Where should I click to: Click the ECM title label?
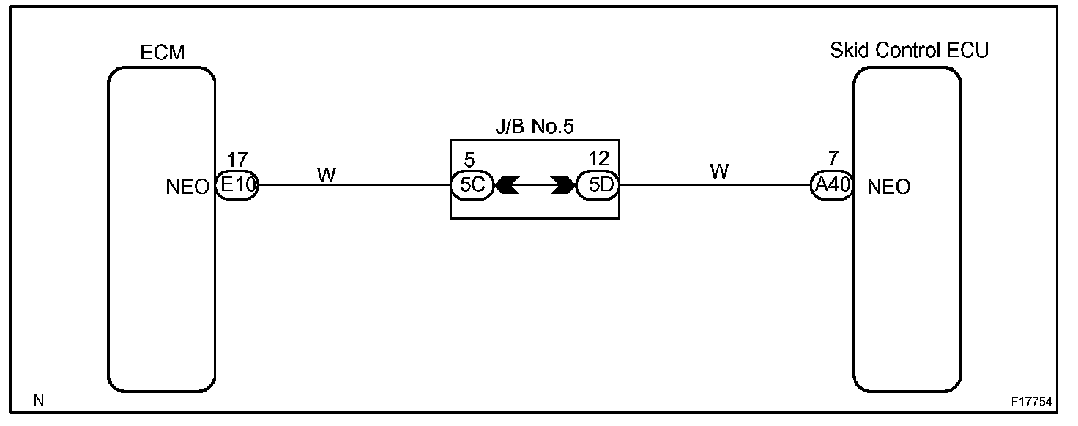coord(162,53)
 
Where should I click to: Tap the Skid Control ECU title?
coord(909,51)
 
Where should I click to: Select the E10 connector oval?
coord(237,186)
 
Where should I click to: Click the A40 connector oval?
coord(832,186)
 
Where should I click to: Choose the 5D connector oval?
coord(598,186)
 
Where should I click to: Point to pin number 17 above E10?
coord(237,160)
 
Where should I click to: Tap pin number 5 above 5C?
coord(469,160)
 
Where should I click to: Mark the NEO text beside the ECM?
coord(188,187)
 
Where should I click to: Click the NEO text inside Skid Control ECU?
coord(888,187)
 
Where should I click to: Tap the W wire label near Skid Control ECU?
coord(719,171)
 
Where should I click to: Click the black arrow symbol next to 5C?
coord(507,186)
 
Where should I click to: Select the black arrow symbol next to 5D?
coord(563,186)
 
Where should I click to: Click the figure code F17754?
coord(1031,402)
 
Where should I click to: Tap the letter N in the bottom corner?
coord(38,400)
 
